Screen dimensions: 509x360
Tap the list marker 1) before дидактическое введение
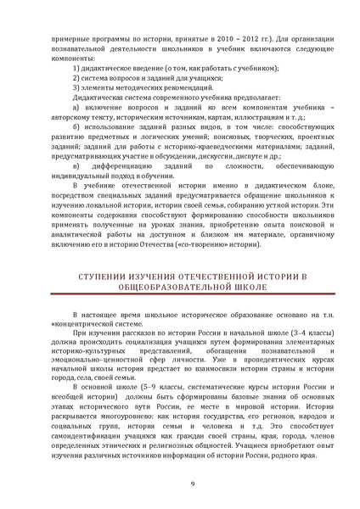77,67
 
